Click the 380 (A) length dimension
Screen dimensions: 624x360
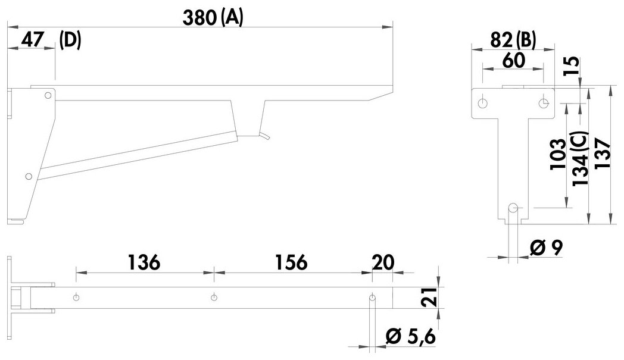[x=213, y=18]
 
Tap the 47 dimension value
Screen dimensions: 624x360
[x=33, y=40]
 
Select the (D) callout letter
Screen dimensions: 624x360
[x=70, y=40]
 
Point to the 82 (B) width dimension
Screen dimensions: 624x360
[x=513, y=40]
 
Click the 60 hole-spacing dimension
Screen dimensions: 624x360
[x=514, y=61]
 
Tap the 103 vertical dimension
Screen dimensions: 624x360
[x=558, y=154]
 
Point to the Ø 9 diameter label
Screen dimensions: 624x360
[x=546, y=248]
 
